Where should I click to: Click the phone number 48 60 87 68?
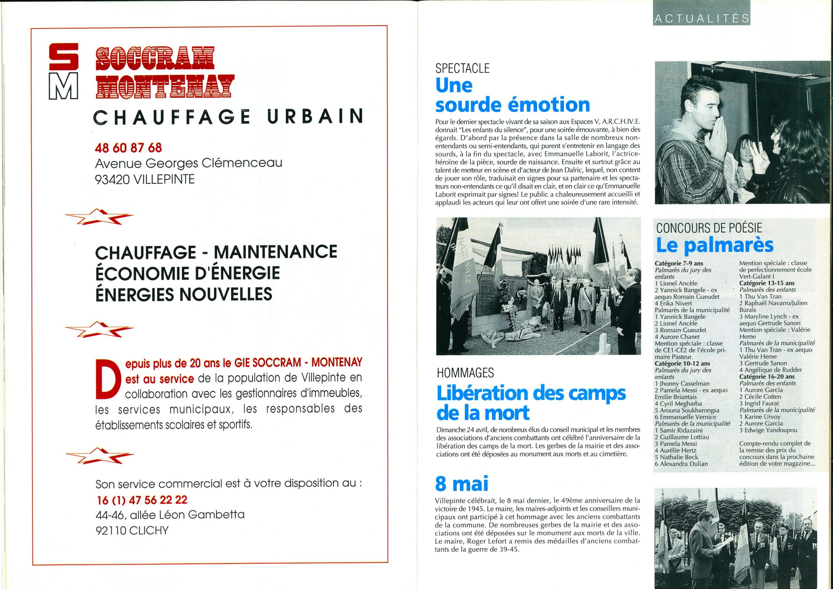(x=128, y=148)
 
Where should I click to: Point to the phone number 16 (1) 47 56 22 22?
(x=142, y=500)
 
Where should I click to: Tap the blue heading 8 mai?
(x=462, y=483)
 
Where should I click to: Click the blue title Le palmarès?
(x=715, y=246)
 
